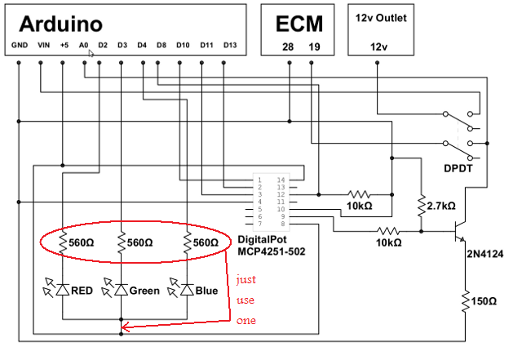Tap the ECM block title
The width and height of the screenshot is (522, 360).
pos(299,21)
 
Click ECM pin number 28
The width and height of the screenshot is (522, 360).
pos(287,47)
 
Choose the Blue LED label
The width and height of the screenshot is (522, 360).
pos(206,290)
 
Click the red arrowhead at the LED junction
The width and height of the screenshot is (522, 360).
pos(124,330)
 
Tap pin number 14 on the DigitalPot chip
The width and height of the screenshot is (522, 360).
pos(282,179)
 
